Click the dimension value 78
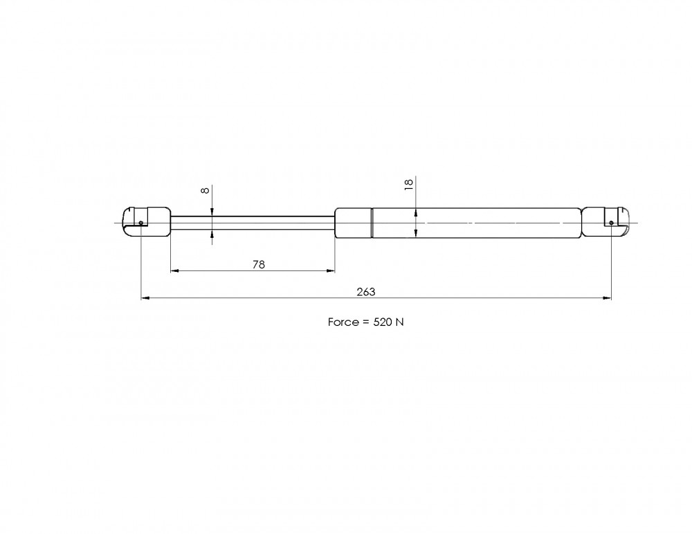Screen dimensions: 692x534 pyautogui.click(x=259, y=264)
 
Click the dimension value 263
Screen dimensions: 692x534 pyautogui.click(x=366, y=292)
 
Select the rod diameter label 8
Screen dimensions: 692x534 pyautogui.click(x=205, y=190)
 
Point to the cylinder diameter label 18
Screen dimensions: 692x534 pyautogui.click(x=409, y=185)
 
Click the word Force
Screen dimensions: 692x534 pyautogui.click(x=343, y=322)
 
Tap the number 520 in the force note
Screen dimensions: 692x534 pyautogui.click(x=382, y=322)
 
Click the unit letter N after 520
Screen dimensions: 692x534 pyautogui.click(x=399, y=322)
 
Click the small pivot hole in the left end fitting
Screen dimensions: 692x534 pyautogui.click(x=140, y=223)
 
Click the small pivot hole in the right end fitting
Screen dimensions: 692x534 pyautogui.click(x=611, y=223)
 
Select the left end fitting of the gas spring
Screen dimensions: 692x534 pyautogui.click(x=146, y=222)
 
